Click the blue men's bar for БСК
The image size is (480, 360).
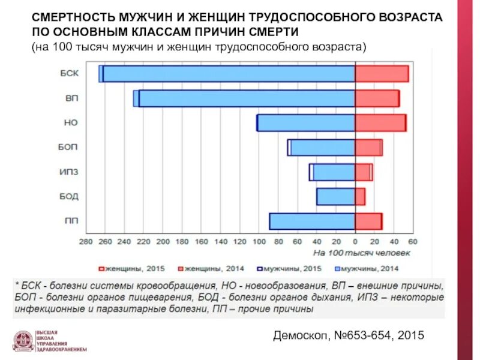click(x=228, y=74)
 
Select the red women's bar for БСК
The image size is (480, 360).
click(x=382, y=74)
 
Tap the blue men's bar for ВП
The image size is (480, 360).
click(x=246, y=98)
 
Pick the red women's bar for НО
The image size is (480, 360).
click(x=380, y=123)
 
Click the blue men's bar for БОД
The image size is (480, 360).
click(x=335, y=197)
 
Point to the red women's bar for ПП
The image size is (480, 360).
click(x=368, y=221)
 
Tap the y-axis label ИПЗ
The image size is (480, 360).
click(x=68, y=172)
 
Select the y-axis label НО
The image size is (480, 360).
click(x=70, y=123)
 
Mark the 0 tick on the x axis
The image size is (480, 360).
click(x=355, y=242)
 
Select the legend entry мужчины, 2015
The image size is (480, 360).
click(x=289, y=269)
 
